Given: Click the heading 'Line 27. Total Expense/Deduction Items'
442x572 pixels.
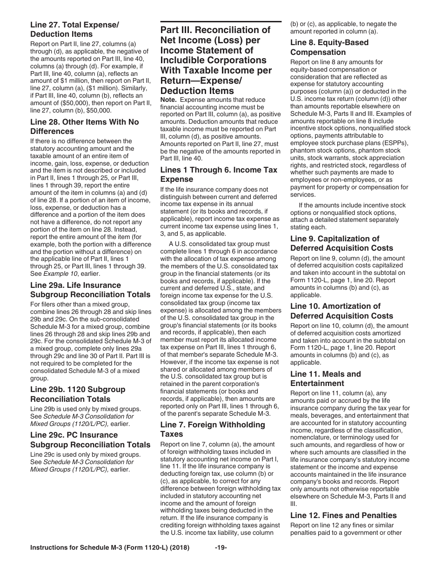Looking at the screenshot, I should click(68, 29).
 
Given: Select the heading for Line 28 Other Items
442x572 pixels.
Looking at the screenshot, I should click(84, 126).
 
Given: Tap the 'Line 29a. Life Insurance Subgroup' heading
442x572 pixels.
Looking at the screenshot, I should click(90, 290).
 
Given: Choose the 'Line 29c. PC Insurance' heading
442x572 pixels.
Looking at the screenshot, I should click(90, 439).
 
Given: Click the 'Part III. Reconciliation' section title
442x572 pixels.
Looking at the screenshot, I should click(216, 60).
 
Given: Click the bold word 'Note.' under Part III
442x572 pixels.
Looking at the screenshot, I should click(168, 100).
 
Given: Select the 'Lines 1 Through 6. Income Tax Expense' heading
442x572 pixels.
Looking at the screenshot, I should click(218, 174).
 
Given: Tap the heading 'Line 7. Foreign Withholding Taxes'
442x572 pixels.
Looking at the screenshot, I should click(212, 429).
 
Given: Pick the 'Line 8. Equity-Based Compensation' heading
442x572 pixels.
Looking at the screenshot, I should click(329, 47).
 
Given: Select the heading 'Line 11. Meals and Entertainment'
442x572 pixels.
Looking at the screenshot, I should click(325, 379).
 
